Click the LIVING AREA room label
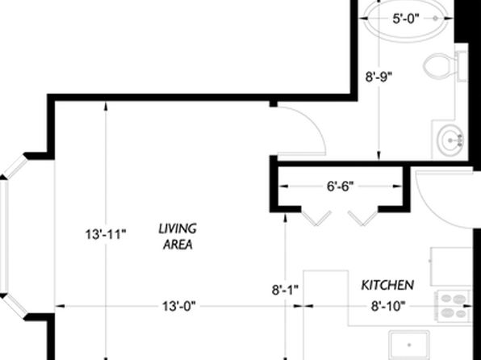click(178, 237)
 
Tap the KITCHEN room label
click(387, 285)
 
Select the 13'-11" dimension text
click(106, 235)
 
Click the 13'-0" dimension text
click(178, 306)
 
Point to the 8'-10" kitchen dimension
click(388, 306)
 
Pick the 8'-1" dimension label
click(285, 290)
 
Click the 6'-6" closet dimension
click(341, 186)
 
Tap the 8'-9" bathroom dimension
click(379, 77)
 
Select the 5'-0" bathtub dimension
click(406, 19)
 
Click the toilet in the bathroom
click(445, 65)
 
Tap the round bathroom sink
click(450, 141)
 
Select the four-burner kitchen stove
click(454, 306)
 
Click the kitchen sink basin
click(409, 345)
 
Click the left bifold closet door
click(316, 218)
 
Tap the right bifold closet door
click(363, 218)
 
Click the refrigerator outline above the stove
click(451, 266)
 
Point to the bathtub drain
click(435, 19)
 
